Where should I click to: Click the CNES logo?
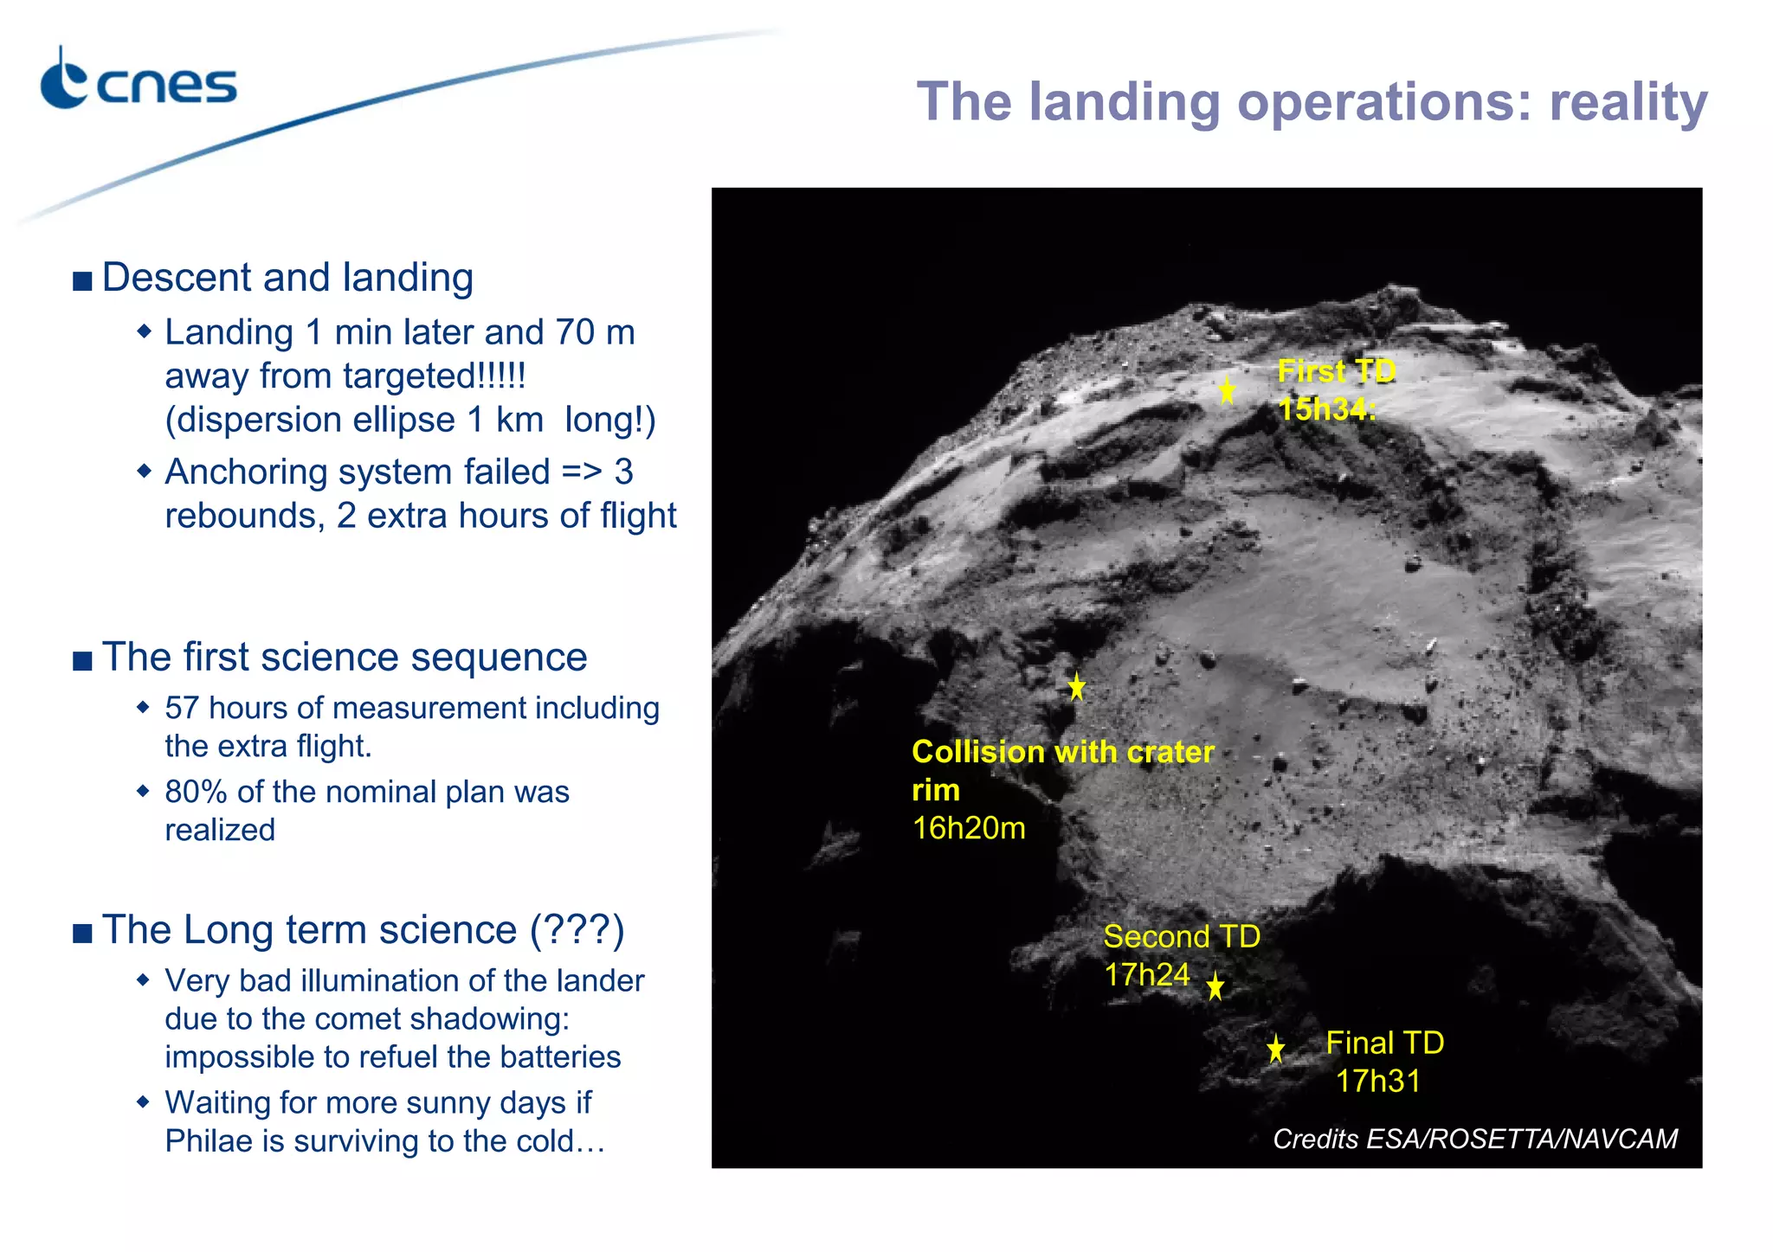pos(139,82)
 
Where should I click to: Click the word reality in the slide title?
pos(1628,102)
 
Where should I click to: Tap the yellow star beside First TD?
pos(1227,391)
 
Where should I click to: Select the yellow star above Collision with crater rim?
pos(1076,687)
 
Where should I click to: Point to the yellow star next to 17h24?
pos(1215,986)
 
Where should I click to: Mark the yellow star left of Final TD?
pos(1275,1049)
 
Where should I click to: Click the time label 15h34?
pos(1325,409)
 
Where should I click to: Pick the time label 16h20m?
pos(969,829)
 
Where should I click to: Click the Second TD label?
pos(1182,937)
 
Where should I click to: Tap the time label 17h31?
pos(1378,1082)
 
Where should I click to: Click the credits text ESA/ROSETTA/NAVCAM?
pos(1521,1139)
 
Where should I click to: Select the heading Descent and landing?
pos(287,278)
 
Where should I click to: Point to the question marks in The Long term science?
pos(577,930)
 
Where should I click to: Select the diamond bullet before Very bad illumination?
pos(144,980)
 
